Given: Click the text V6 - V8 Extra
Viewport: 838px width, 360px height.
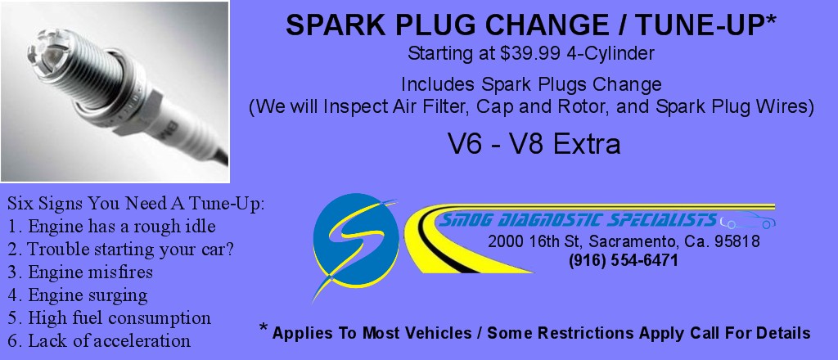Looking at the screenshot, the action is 534,143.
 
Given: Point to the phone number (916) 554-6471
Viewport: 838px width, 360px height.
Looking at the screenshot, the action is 624,261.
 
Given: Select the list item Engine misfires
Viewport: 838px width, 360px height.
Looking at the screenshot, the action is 80,272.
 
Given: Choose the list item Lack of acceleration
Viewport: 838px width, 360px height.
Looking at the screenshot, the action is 99,340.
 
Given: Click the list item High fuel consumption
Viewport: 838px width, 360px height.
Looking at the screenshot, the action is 109,317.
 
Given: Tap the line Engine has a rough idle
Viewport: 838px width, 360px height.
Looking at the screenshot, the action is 111,227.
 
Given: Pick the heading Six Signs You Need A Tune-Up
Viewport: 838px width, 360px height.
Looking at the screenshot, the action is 137,204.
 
